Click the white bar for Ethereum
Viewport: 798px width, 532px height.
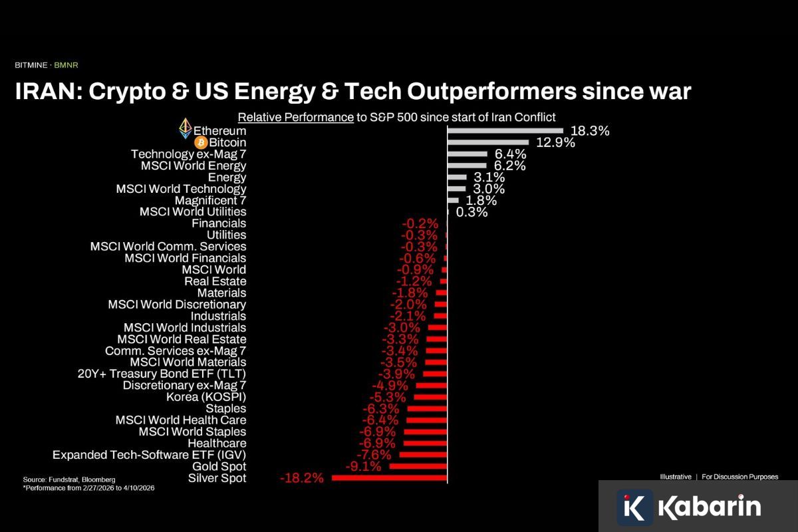coord(505,131)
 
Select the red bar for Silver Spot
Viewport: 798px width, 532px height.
coord(389,478)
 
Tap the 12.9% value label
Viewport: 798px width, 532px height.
coord(555,143)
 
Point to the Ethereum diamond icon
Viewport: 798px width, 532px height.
coord(186,129)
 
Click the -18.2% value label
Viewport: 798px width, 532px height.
coord(302,478)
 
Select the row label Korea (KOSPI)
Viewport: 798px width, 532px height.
coord(206,397)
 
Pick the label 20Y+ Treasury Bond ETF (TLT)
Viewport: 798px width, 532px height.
coord(162,374)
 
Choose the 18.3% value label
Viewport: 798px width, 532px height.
coord(590,131)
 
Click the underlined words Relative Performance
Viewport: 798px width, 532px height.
coord(295,117)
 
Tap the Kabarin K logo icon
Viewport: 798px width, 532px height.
coord(634,507)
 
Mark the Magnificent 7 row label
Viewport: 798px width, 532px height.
coord(210,200)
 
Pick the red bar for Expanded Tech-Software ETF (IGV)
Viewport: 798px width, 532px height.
coord(423,455)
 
